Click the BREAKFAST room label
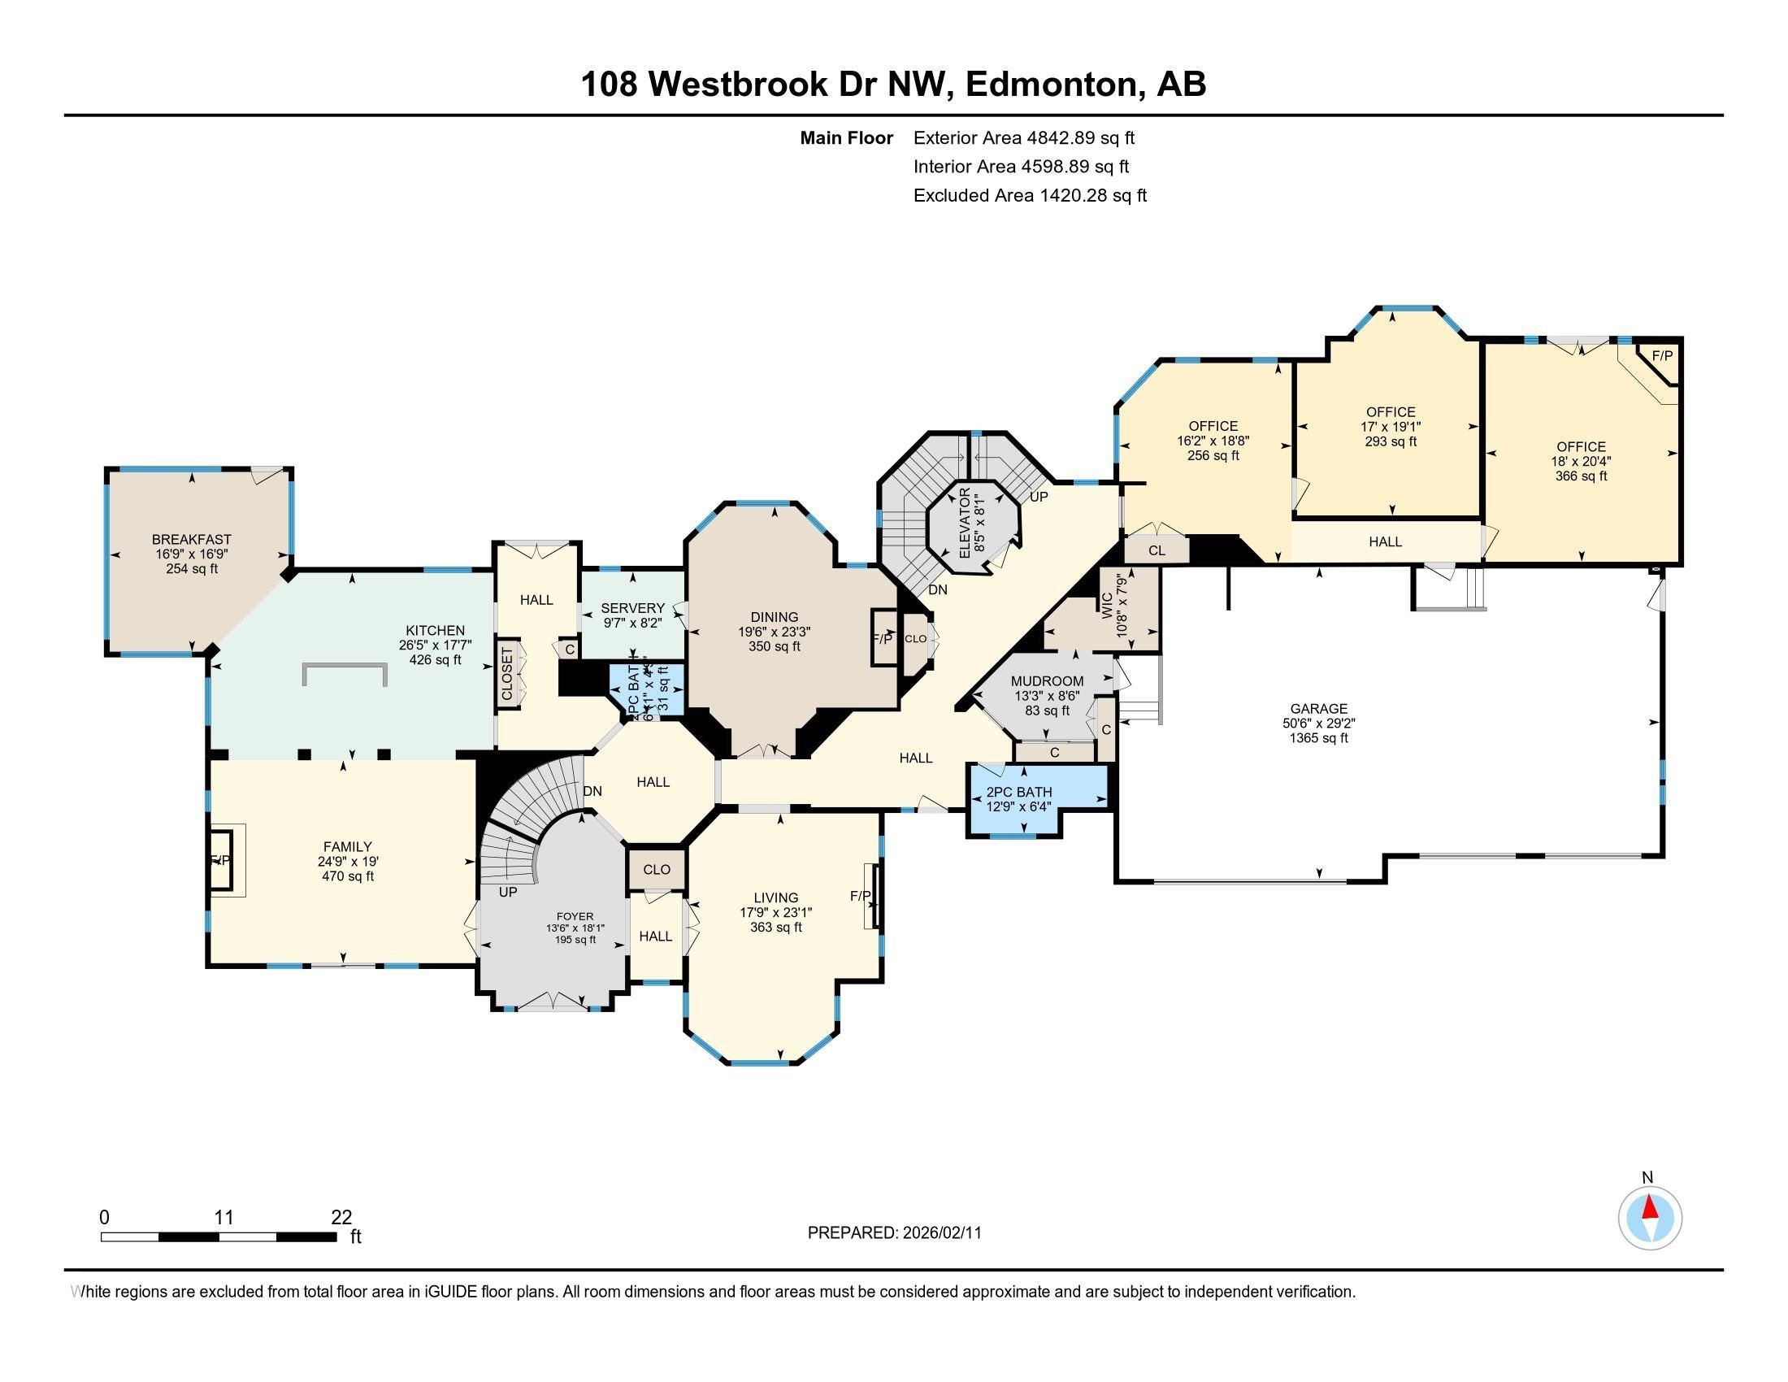[192, 540]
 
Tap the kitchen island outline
[344, 665]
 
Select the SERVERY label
[632, 608]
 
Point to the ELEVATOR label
[964, 524]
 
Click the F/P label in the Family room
[220, 859]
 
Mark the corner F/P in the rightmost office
[1662, 356]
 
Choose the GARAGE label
[1318, 709]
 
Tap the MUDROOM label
[1047, 681]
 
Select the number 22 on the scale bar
[341, 1218]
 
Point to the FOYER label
[575, 917]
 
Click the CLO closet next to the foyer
[657, 870]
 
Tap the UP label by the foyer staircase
[508, 893]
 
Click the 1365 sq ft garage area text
[1318, 738]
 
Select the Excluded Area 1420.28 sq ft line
[1030, 196]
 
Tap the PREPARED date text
[894, 1233]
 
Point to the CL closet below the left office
[1156, 551]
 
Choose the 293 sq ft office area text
[1391, 441]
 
